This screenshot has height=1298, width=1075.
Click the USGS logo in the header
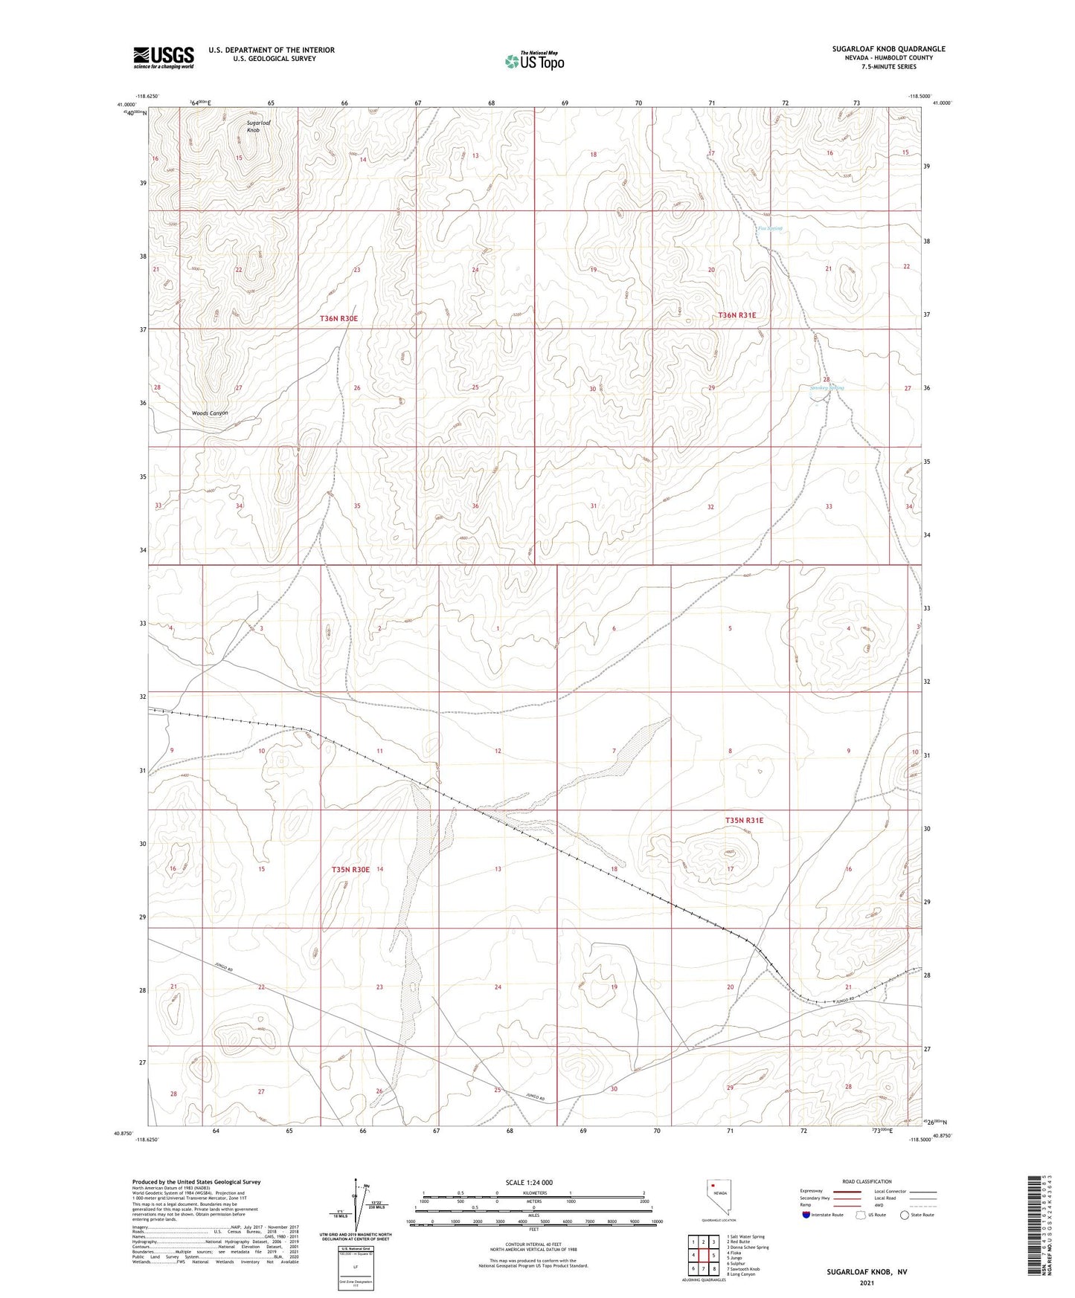164,56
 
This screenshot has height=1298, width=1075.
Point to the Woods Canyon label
210,413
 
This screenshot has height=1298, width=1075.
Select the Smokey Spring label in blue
827,387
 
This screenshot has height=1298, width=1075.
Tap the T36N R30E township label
338,318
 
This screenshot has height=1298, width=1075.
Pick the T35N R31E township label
744,820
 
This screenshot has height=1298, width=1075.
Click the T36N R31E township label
737,315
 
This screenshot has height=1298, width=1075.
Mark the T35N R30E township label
350,869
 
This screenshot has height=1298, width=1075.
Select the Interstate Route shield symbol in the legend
808,1215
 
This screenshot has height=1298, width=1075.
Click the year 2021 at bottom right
866,1282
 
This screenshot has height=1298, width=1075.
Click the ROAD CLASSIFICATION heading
867,1181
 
